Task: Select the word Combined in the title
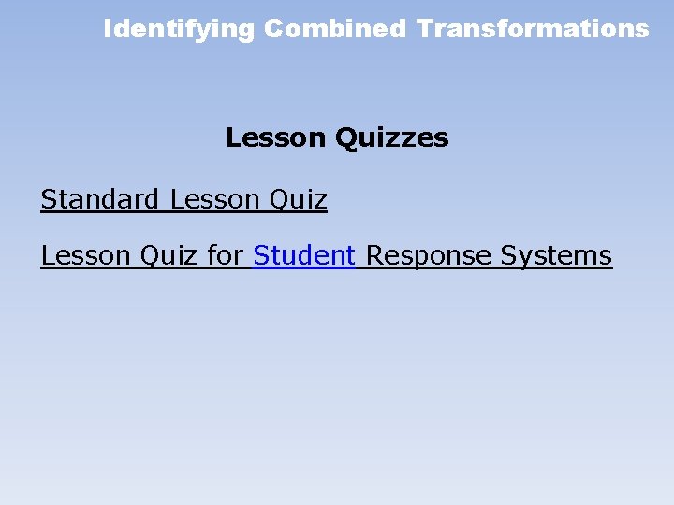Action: (x=334, y=29)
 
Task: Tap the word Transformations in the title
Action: (x=533, y=29)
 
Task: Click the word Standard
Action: (x=100, y=199)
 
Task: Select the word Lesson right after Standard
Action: (x=214, y=199)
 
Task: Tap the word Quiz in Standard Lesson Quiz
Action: (x=298, y=199)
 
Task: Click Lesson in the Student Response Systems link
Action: (x=85, y=255)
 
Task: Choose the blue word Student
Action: (x=304, y=255)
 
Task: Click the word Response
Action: (x=428, y=255)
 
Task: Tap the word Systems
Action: (x=556, y=255)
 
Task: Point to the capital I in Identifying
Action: (x=107, y=29)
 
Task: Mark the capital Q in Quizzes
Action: (x=344, y=138)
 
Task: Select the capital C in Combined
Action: (x=272, y=29)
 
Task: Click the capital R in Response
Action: (x=374, y=255)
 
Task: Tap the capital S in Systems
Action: (x=508, y=255)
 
